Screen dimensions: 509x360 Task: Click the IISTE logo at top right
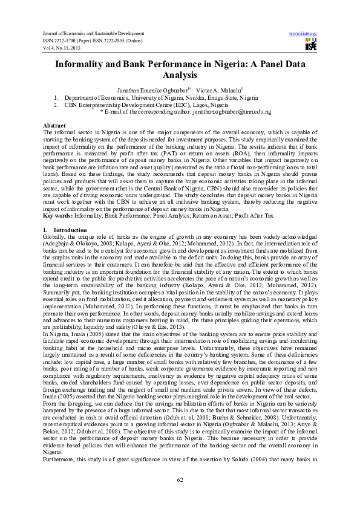coord(310,44)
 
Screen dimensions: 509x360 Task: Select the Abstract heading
coord(54,124)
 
